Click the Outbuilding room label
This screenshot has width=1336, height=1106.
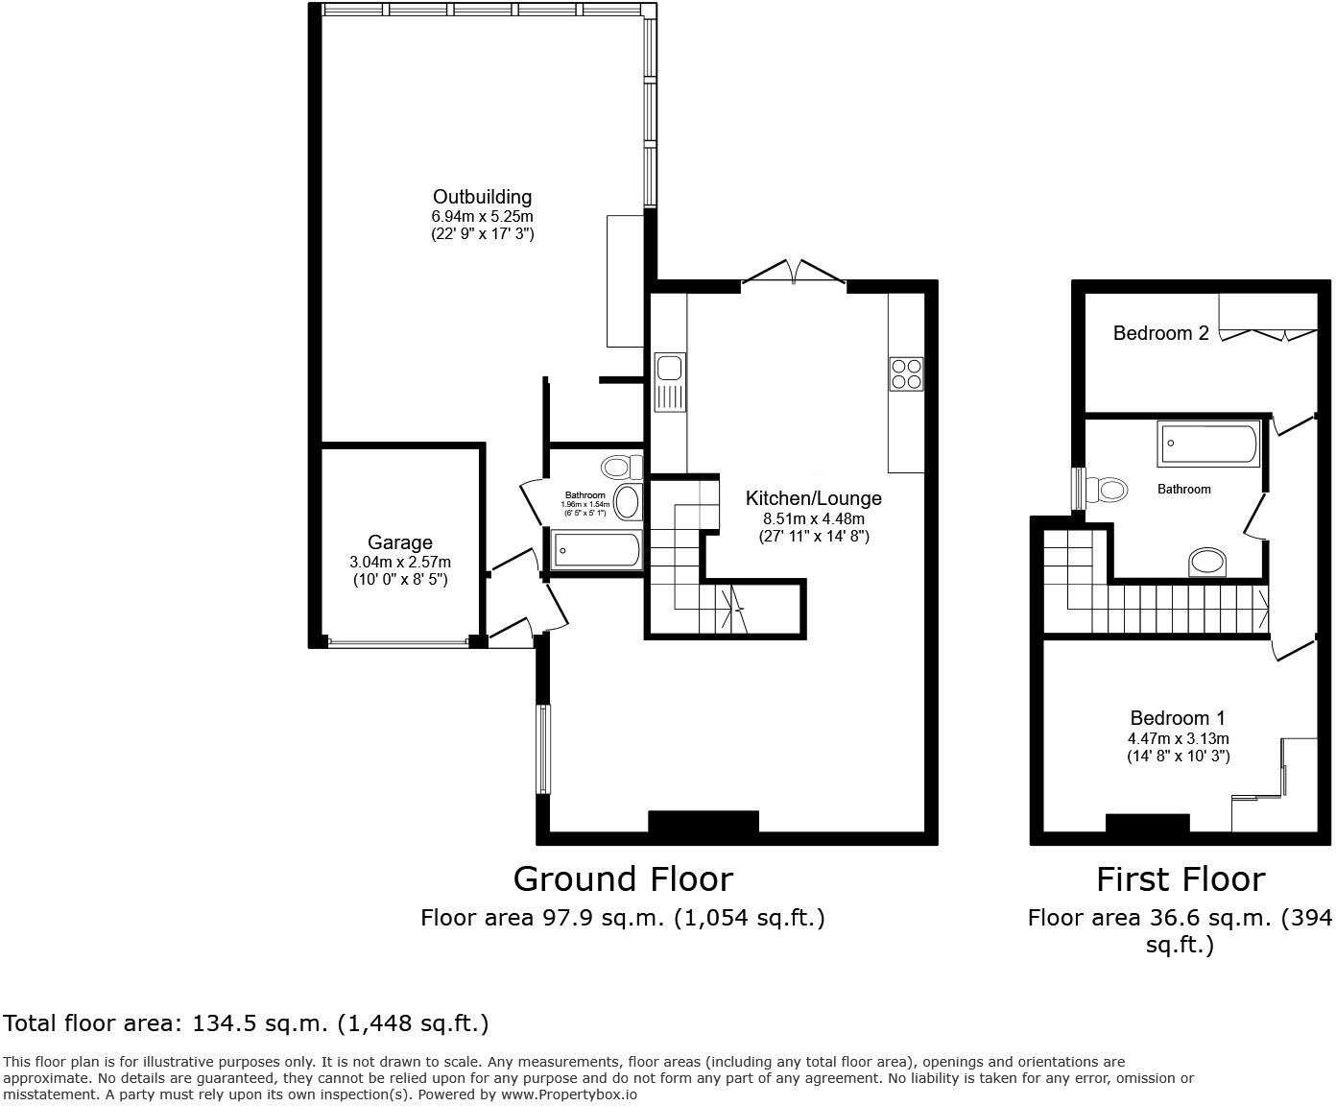click(x=482, y=197)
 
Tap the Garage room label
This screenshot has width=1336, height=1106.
click(x=399, y=542)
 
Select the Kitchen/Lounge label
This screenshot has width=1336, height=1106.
click(x=813, y=498)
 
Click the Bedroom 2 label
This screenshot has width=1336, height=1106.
click(x=1160, y=333)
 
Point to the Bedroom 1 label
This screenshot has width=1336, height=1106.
click(x=1178, y=718)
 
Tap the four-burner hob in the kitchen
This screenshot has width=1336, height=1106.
click(x=906, y=373)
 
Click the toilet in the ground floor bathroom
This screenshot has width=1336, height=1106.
click(x=620, y=468)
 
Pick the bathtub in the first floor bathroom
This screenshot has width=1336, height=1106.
click(x=1209, y=444)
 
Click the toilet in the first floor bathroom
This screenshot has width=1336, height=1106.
click(x=1105, y=490)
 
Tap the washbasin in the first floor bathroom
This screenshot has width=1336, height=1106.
click(x=1207, y=562)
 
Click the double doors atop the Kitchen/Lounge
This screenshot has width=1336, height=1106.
click(x=794, y=273)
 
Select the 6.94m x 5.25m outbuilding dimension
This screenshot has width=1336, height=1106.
click(x=482, y=217)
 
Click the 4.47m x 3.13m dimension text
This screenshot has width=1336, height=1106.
click(x=1178, y=738)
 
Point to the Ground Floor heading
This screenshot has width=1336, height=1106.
click(x=623, y=878)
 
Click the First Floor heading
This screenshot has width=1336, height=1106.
click(x=1181, y=878)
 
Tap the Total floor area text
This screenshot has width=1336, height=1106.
click(x=247, y=1023)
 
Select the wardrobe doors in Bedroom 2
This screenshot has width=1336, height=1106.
click(x=1267, y=333)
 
